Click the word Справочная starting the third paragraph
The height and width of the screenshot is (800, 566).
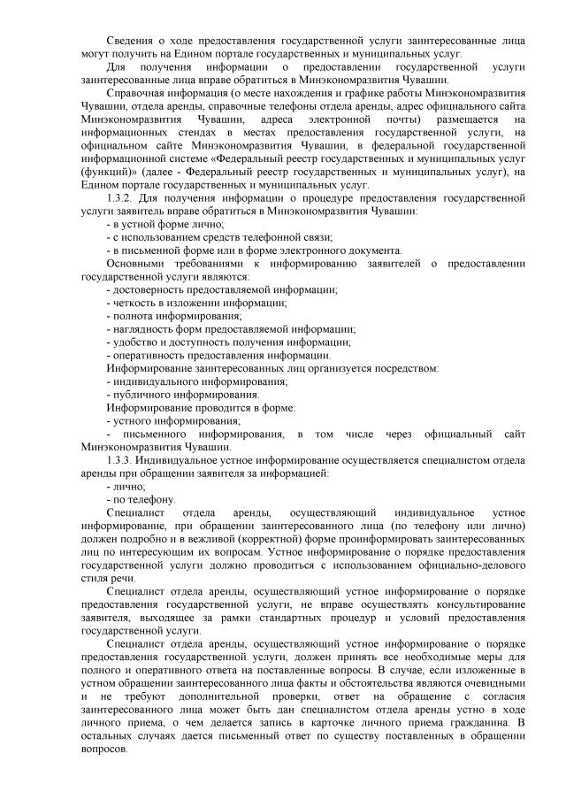135,91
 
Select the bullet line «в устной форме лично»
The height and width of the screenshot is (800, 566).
164,224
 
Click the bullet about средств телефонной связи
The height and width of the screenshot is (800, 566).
219,237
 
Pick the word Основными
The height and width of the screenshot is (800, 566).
134,264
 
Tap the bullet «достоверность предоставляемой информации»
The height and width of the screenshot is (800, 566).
221,289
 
